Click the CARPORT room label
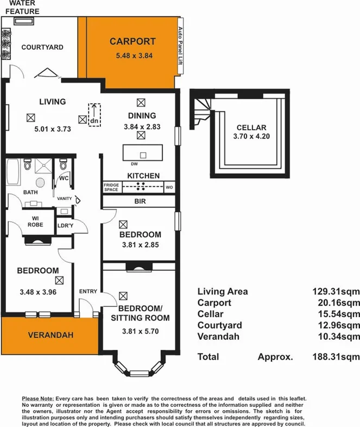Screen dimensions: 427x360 coord(132,41)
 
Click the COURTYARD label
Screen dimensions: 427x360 coord(42,47)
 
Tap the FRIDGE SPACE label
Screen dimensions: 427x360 coord(111,187)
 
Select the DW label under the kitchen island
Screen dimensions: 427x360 coord(133,164)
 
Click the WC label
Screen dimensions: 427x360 coord(64,178)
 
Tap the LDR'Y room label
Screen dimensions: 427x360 coord(65,225)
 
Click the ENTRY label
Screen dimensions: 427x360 coord(88,292)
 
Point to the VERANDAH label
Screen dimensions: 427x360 coord(50,335)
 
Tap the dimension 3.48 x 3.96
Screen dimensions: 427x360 coord(37,292)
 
